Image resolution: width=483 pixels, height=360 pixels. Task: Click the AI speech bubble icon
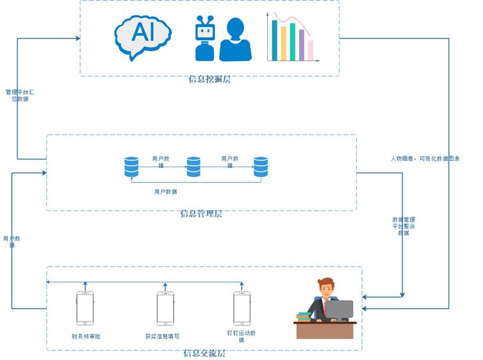click(x=142, y=35)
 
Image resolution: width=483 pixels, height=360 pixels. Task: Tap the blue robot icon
click(x=205, y=38)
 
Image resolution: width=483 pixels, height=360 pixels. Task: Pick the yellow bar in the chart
click(x=284, y=43)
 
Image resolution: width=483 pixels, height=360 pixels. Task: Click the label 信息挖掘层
click(x=209, y=79)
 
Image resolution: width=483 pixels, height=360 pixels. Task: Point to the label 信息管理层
click(x=201, y=214)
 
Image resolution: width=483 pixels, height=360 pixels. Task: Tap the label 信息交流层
click(x=204, y=353)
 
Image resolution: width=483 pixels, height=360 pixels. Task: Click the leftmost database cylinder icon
click(x=131, y=167)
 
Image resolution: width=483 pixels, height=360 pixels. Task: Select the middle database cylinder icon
click(x=193, y=167)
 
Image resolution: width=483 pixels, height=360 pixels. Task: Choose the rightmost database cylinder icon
click(x=261, y=167)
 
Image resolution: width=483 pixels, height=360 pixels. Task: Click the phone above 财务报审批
click(x=85, y=308)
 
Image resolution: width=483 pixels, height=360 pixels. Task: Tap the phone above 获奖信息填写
click(x=165, y=308)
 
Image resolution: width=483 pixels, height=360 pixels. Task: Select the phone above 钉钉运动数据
click(x=241, y=308)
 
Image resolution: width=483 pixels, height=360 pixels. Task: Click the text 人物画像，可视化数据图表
click(x=425, y=158)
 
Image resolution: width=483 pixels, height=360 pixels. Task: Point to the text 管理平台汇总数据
click(x=20, y=95)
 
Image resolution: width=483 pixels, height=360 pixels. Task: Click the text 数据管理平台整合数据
click(x=404, y=226)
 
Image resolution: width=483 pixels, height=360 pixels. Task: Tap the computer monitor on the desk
click(x=340, y=310)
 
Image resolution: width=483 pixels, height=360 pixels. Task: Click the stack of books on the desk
click(x=303, y=316)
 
